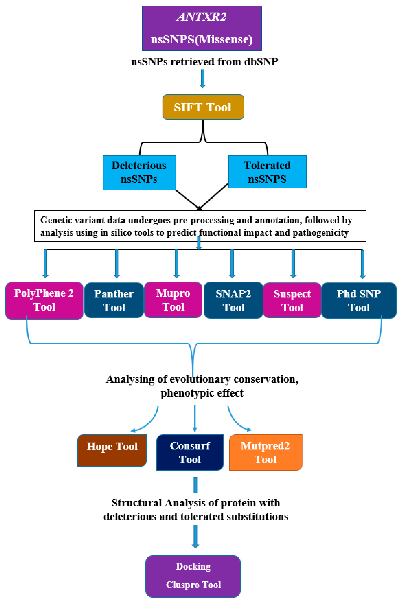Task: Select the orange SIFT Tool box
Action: pyautogui.click(x=203, y=107)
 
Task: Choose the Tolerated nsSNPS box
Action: pyautogui.click(x=267, y=172)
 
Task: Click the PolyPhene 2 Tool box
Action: pyautogui.click(x=44, y=300)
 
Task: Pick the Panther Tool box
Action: pyautogui.click(x=114, y=300)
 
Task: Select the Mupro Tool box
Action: pyautogui.click(x=173, y=300)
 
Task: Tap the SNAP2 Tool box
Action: pyautogui.click(x=233, y=300)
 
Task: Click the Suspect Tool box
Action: pyautogui.click(x=292, y=300)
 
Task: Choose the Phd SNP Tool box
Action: pyautogui.click(x=359, y=300)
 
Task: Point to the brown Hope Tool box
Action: pyautogui.click(x=112, y=450)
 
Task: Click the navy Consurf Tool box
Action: pyautogui.click(x=190, y=452)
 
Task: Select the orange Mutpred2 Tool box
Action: pyautogui.click(x=266, y=452)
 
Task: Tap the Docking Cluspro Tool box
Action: pyautogui.click(x=193, y=576)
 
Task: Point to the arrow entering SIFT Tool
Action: pyautogui.click(x=203, y=79)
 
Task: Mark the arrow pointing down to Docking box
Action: pyautogui.click(x=195, y=537)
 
